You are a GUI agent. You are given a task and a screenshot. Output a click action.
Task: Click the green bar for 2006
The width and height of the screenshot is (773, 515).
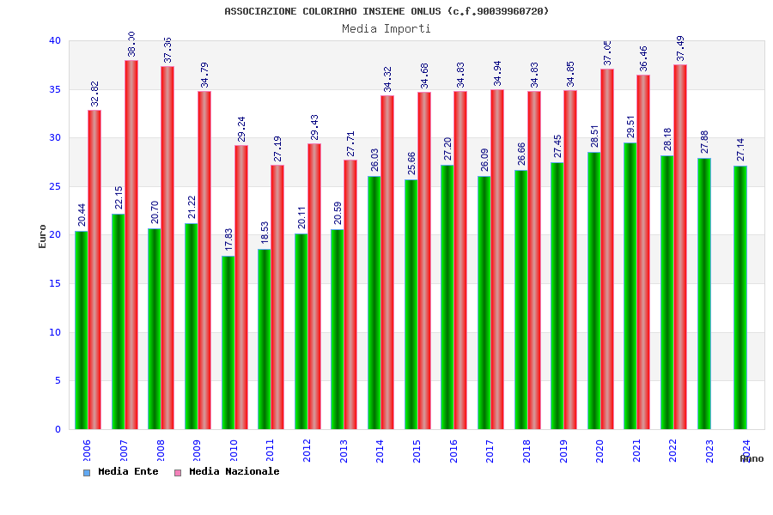pyautogui.click(x=81, y=330)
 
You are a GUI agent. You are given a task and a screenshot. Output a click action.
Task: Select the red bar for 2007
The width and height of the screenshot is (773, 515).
pyautogui.click(x=131, y=245)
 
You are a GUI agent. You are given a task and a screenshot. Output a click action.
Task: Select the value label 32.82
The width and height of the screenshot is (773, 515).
pyautogui.click(x=94, y=94)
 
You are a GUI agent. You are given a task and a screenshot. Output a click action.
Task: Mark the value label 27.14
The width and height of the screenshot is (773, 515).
pyautogui.click(x=741, y=150)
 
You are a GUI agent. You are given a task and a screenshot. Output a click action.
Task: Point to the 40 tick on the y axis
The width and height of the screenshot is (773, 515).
pyautogui.click(x=55, y=40)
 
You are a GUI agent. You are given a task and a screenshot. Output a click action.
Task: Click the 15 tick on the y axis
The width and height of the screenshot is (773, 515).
pyautogui.click(x=55, y=283)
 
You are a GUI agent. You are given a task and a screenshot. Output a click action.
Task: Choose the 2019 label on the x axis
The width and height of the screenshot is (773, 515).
pyautogui.click(x=563, y=451)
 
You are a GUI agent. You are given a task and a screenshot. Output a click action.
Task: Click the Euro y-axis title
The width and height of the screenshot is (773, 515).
pyautogui.click(x=43, y=236)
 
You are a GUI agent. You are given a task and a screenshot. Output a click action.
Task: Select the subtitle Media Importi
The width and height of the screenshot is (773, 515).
pyautogui.click(x=386, y=28)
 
